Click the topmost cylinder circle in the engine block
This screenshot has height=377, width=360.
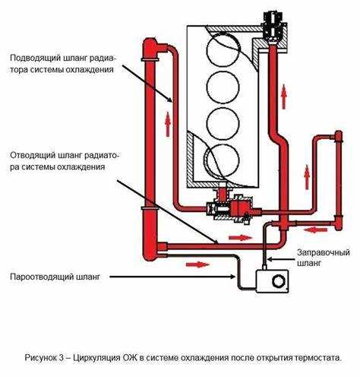pos(223,50)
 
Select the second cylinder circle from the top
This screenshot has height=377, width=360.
pos(223,87)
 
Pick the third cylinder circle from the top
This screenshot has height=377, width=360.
pos(223,124)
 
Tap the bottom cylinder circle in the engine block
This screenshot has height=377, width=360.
pos(223,160)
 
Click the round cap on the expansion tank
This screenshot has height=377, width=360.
pos(279,281)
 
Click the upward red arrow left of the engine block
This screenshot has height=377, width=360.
pos(168,124)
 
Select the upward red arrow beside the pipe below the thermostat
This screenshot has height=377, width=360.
pos(284,97)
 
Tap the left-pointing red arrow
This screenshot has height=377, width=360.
pos(315,230)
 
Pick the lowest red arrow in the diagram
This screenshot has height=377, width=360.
pos(198,265)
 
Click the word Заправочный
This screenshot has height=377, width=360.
pos(324,252)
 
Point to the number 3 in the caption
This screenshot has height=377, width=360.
pos(62,358)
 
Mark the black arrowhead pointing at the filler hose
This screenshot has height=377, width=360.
pos(270,259)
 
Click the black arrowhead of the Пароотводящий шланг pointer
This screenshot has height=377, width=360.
pos(232,277)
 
